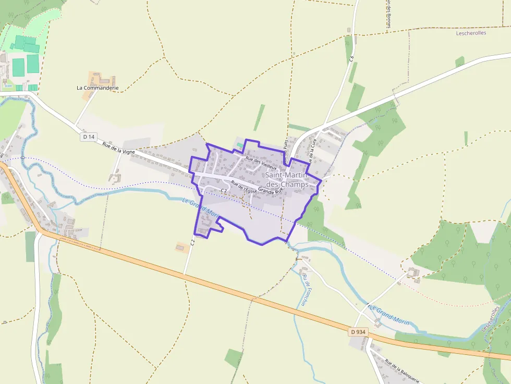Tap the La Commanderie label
point(98,88)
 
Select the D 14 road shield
point(89,137)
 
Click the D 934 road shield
point(359,331)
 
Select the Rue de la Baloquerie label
point(402,370)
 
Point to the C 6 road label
point(351,59)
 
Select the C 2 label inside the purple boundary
point(224,191)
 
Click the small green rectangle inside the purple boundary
point(240,144)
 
